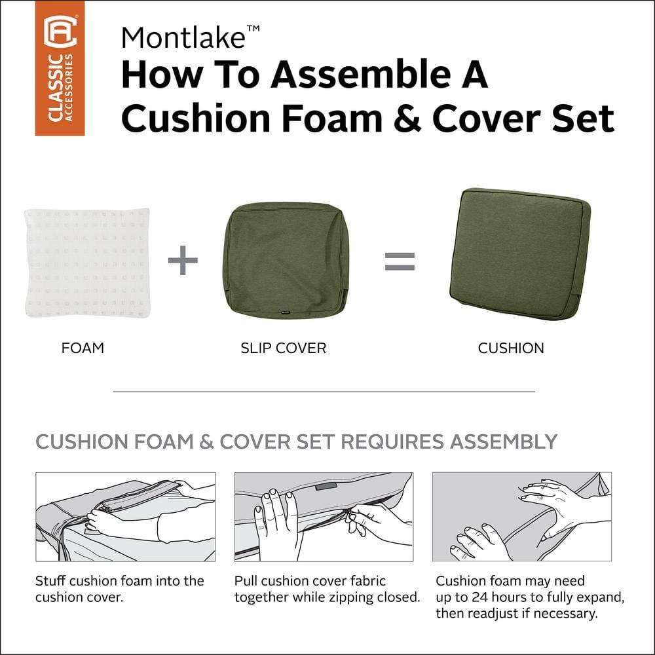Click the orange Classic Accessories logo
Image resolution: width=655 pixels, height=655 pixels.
(x=60, y=68)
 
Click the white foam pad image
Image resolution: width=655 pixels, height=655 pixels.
(x=86, y=262)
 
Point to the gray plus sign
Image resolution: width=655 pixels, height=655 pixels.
(x=183, y=261)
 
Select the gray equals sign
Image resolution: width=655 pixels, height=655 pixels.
(x=400, y=261)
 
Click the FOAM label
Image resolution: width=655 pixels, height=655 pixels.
(x=83, y=348)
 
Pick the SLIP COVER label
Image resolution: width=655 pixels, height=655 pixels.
(x=283, y=348)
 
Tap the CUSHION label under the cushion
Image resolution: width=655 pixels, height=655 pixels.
(x=511, y=348)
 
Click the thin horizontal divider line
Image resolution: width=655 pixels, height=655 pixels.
(x=324, y=392)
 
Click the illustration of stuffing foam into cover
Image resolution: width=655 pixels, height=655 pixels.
(x=125, y=517)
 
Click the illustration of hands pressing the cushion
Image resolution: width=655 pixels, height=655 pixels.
(x=521, y=517)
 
